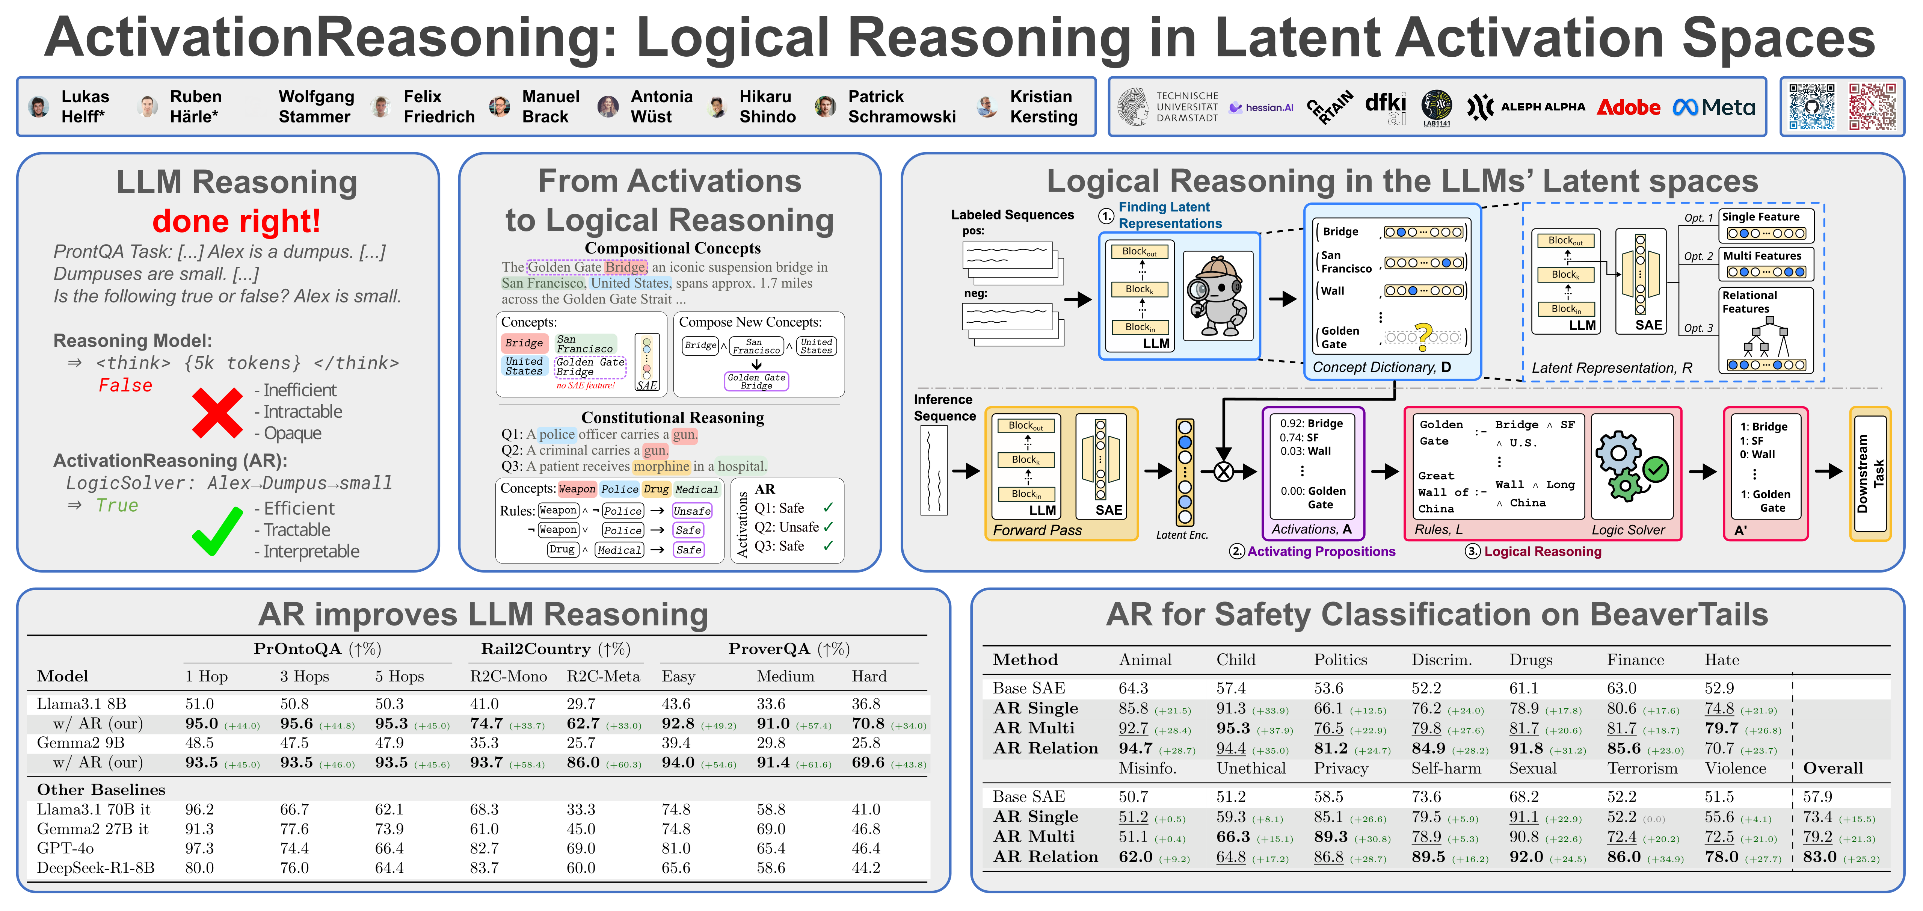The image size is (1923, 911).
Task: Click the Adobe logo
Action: pos(1628,107)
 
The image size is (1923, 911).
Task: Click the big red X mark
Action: pos(216,411)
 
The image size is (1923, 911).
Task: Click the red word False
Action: pos(125,385)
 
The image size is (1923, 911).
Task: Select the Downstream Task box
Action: pos(1870,473)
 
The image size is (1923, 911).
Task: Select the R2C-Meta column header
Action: pos(603,677)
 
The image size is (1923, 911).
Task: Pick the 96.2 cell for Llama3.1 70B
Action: pos(199,810)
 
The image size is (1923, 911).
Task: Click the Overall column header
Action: pos(1833,768)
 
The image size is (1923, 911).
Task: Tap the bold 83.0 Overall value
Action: pos(1819,857)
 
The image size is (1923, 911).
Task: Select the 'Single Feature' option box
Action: pos(1766,225)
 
